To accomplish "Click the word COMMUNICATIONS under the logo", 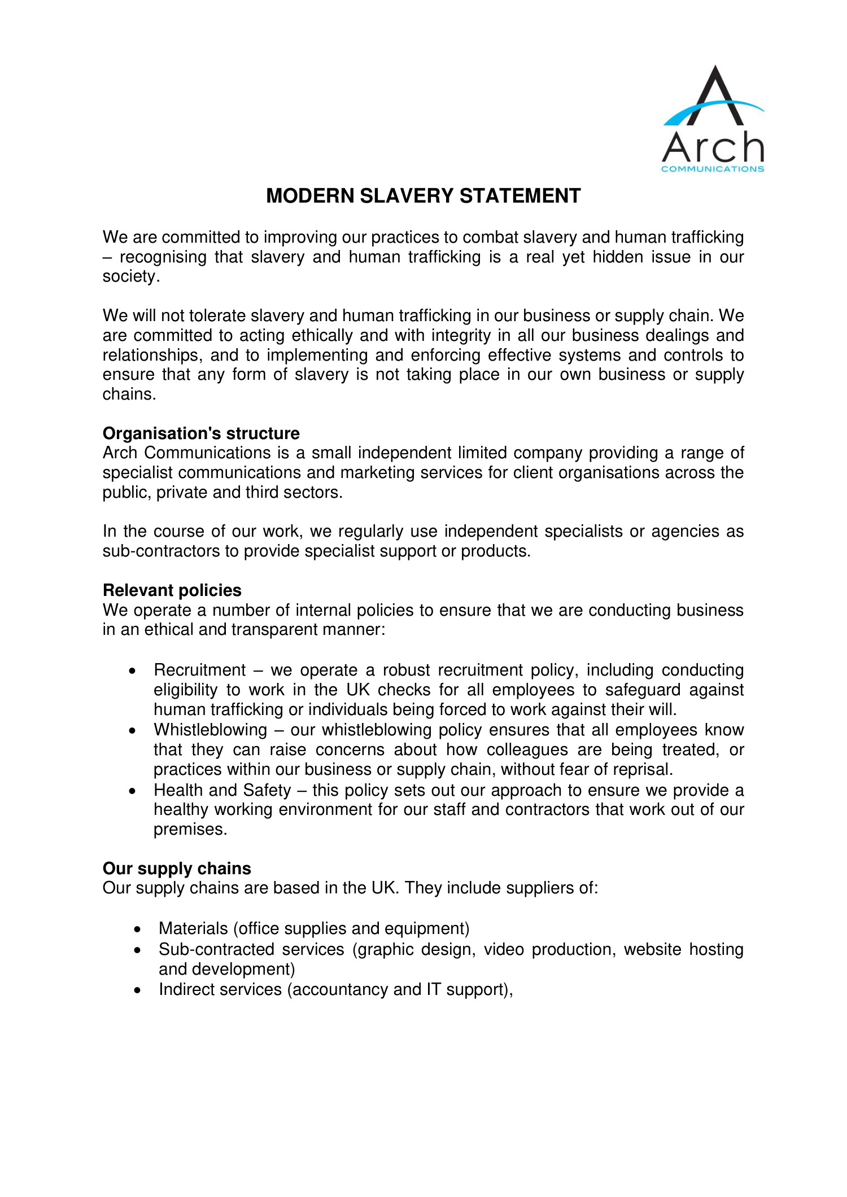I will point(713,169).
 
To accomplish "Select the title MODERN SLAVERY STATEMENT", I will point(423,196).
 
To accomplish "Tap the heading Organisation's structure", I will point(201,433).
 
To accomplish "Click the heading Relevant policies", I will point(172,590).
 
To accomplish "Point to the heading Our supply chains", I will point(177,869).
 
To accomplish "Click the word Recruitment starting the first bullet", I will point(200,670).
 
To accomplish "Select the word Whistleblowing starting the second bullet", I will point(210,730).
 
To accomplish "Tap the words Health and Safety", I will point(222,790).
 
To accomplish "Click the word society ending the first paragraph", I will point(129,277).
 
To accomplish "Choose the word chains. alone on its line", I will point(129,394).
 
